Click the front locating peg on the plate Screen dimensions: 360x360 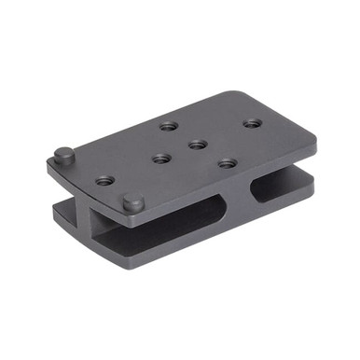pos(133,201)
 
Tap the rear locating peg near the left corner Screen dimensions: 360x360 pos(63,154)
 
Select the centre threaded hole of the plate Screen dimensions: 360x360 pos(196,144)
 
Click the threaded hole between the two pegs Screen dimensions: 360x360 pos(105,179)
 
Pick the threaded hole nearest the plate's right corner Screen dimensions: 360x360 pos(251,122)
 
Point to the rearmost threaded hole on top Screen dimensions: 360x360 pos(168,124)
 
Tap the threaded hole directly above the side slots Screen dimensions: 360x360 pos(227,163)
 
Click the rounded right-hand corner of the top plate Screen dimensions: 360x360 pos(312,140)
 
